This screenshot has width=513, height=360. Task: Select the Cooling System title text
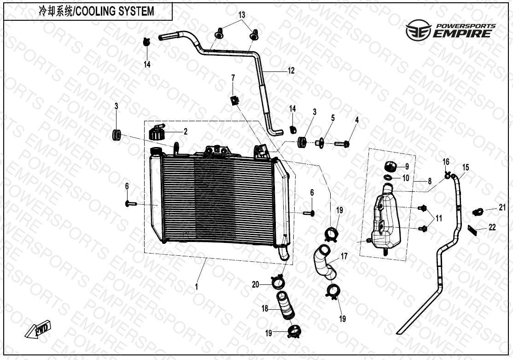point(96,12)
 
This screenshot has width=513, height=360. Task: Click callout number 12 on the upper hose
point(291,71)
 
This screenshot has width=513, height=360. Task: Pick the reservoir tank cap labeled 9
point(390,166)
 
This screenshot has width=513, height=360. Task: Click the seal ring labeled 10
point(389,177)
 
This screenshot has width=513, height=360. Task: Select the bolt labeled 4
point(343,144)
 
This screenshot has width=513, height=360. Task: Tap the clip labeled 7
point(235,100)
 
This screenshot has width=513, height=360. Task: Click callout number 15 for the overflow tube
point(465,167)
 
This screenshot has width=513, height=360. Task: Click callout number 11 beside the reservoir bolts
point(438,218)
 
